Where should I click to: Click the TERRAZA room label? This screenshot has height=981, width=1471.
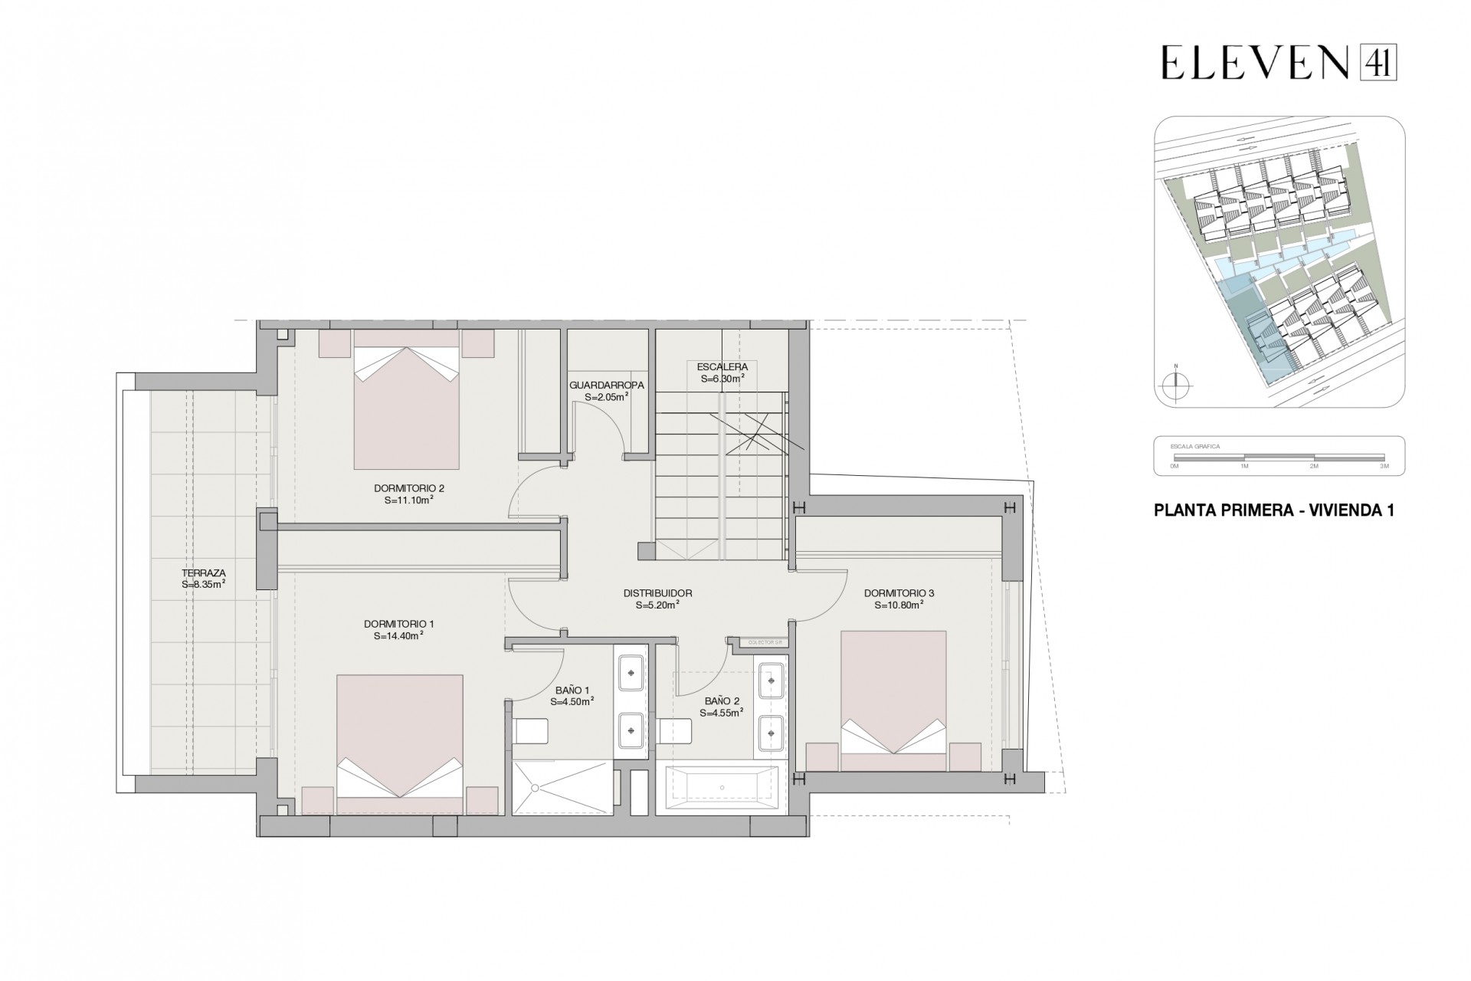(204, 573)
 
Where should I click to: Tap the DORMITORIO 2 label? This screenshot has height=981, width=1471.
(409, 488)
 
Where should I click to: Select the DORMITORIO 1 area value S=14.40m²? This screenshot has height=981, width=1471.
(399, 635)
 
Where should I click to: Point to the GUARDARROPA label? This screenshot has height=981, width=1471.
(607, 386)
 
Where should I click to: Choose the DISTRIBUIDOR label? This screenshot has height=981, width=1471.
(657, 593)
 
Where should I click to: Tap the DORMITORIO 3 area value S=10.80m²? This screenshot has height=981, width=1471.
(899, 605)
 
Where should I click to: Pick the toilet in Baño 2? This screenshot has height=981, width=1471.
(675, 731)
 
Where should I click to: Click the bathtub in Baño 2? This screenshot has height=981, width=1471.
(722, 789)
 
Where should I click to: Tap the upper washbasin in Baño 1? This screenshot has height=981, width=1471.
(631, 672)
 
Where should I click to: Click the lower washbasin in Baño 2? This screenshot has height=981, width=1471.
(769, 733)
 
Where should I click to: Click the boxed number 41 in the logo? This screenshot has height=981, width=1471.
(1378, 61)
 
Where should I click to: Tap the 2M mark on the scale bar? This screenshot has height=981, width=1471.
(1313, 465)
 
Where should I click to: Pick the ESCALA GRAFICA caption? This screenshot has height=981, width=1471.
(1194, 446)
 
